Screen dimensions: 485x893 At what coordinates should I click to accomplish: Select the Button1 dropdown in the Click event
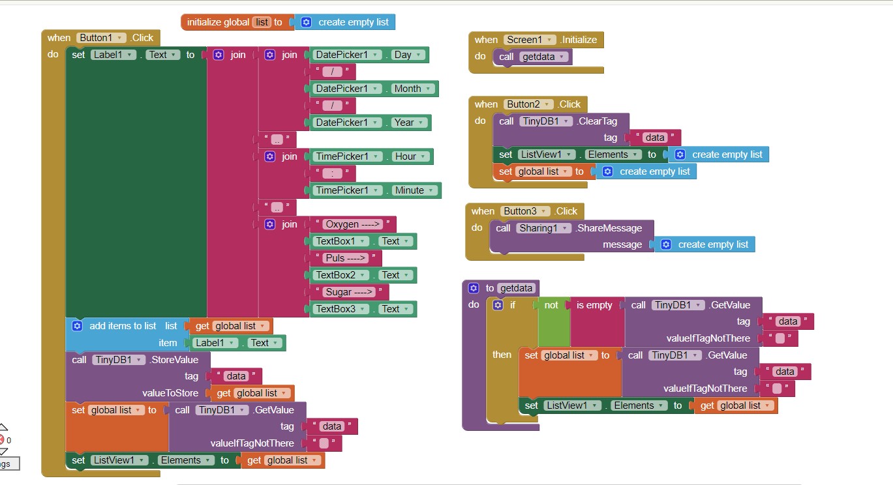click(x=101, y=38)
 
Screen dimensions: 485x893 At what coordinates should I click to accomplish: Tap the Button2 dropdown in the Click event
click(x=528, y=104)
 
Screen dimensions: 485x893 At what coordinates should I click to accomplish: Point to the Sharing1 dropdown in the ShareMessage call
click(x=543, y=228)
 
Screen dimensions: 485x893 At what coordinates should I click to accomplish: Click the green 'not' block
click(x=552, y=305)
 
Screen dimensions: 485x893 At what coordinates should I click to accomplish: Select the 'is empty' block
click(x=594, y=305)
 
